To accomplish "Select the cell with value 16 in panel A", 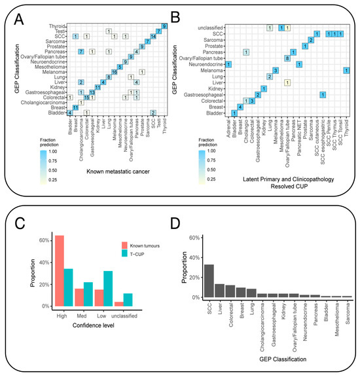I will (x=115, y=72).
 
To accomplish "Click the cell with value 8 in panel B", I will (x=287, y=58).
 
